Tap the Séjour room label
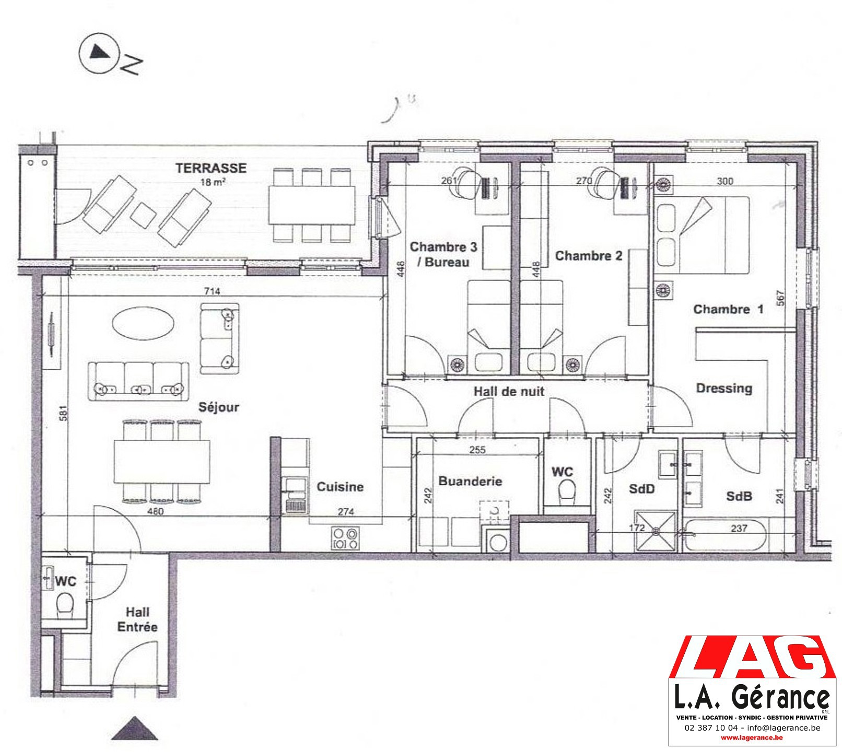(x=218, y=407)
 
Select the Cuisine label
(x=340, y=487)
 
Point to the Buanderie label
(x=470, y=481)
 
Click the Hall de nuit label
(x=509, y=391)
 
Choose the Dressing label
(x=724, y=389)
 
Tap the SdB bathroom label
(x=739, y=496)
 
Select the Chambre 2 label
(x=589, y=256)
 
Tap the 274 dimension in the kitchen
(x=345, y=512)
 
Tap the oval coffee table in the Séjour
(x=144, y=322)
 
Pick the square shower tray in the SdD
(x=656, y=531)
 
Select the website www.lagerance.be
(x=751, y=738)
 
